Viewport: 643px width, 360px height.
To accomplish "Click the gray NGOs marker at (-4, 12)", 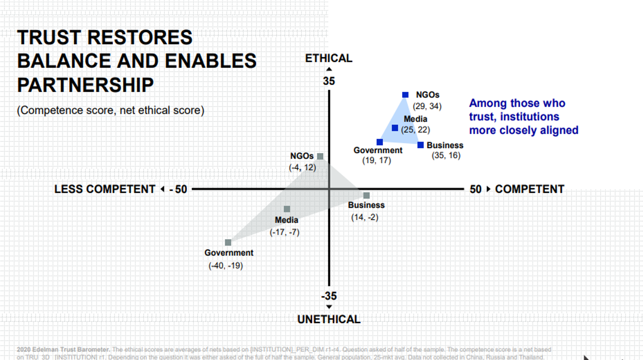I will (x=320, y=157).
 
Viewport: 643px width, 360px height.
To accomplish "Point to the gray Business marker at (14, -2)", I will (x=366, y=196).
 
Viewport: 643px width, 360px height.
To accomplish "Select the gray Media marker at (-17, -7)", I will (x=287, y=209).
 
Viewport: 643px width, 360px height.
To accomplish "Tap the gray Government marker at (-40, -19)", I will (x=228, y=243).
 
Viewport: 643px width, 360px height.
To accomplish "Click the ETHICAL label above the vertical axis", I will (x=328, y=59).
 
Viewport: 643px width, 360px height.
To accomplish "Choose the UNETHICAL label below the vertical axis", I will (x=329, y=320).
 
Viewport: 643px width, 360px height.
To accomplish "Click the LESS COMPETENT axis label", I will (x=105, y=189).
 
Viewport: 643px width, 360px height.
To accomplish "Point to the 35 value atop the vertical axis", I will (x=329, y=81).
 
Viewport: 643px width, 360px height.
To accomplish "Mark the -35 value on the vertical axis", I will (x=329, y=296).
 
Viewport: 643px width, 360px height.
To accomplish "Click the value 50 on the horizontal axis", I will (x=475, y=189).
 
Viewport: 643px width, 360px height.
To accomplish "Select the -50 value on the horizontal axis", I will (x=178, y=189).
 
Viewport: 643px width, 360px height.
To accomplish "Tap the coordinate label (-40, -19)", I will (x=225, y=266).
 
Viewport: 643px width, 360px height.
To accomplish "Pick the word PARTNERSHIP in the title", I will (x=85, y=86).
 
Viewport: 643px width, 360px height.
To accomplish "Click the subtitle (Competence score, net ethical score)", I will (x=111, y=110).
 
